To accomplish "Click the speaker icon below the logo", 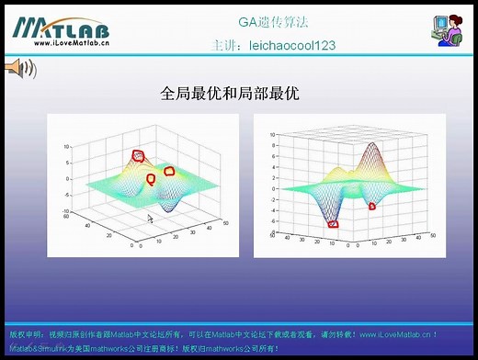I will click(20, 67).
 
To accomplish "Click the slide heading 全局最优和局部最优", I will click(230, 94).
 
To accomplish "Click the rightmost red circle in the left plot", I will click(169, 171).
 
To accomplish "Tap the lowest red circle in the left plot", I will click(151, 179).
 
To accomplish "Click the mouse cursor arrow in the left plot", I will click(151, 219).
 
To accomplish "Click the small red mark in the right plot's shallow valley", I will click(371, 206).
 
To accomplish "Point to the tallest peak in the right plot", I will click(373, 147).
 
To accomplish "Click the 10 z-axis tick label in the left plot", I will click(67, 146).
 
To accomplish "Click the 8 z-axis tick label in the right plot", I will click(273, 145).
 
